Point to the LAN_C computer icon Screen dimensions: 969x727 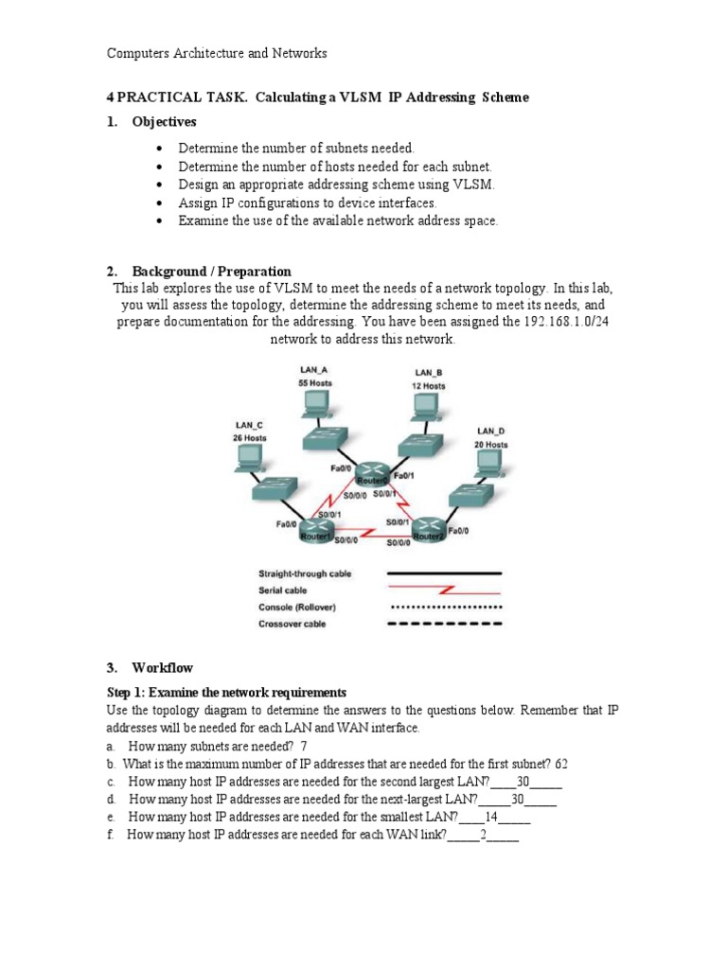click(x=248, y=460)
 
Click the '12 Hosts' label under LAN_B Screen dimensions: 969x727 click(x=428, y=386)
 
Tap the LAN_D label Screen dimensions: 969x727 click(x=490, y=432)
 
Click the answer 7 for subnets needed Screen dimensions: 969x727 click(x=305, y=746)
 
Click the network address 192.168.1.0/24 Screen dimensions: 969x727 click(x=563, y=322)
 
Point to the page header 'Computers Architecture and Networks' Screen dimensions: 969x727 click(x=217, y=54)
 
